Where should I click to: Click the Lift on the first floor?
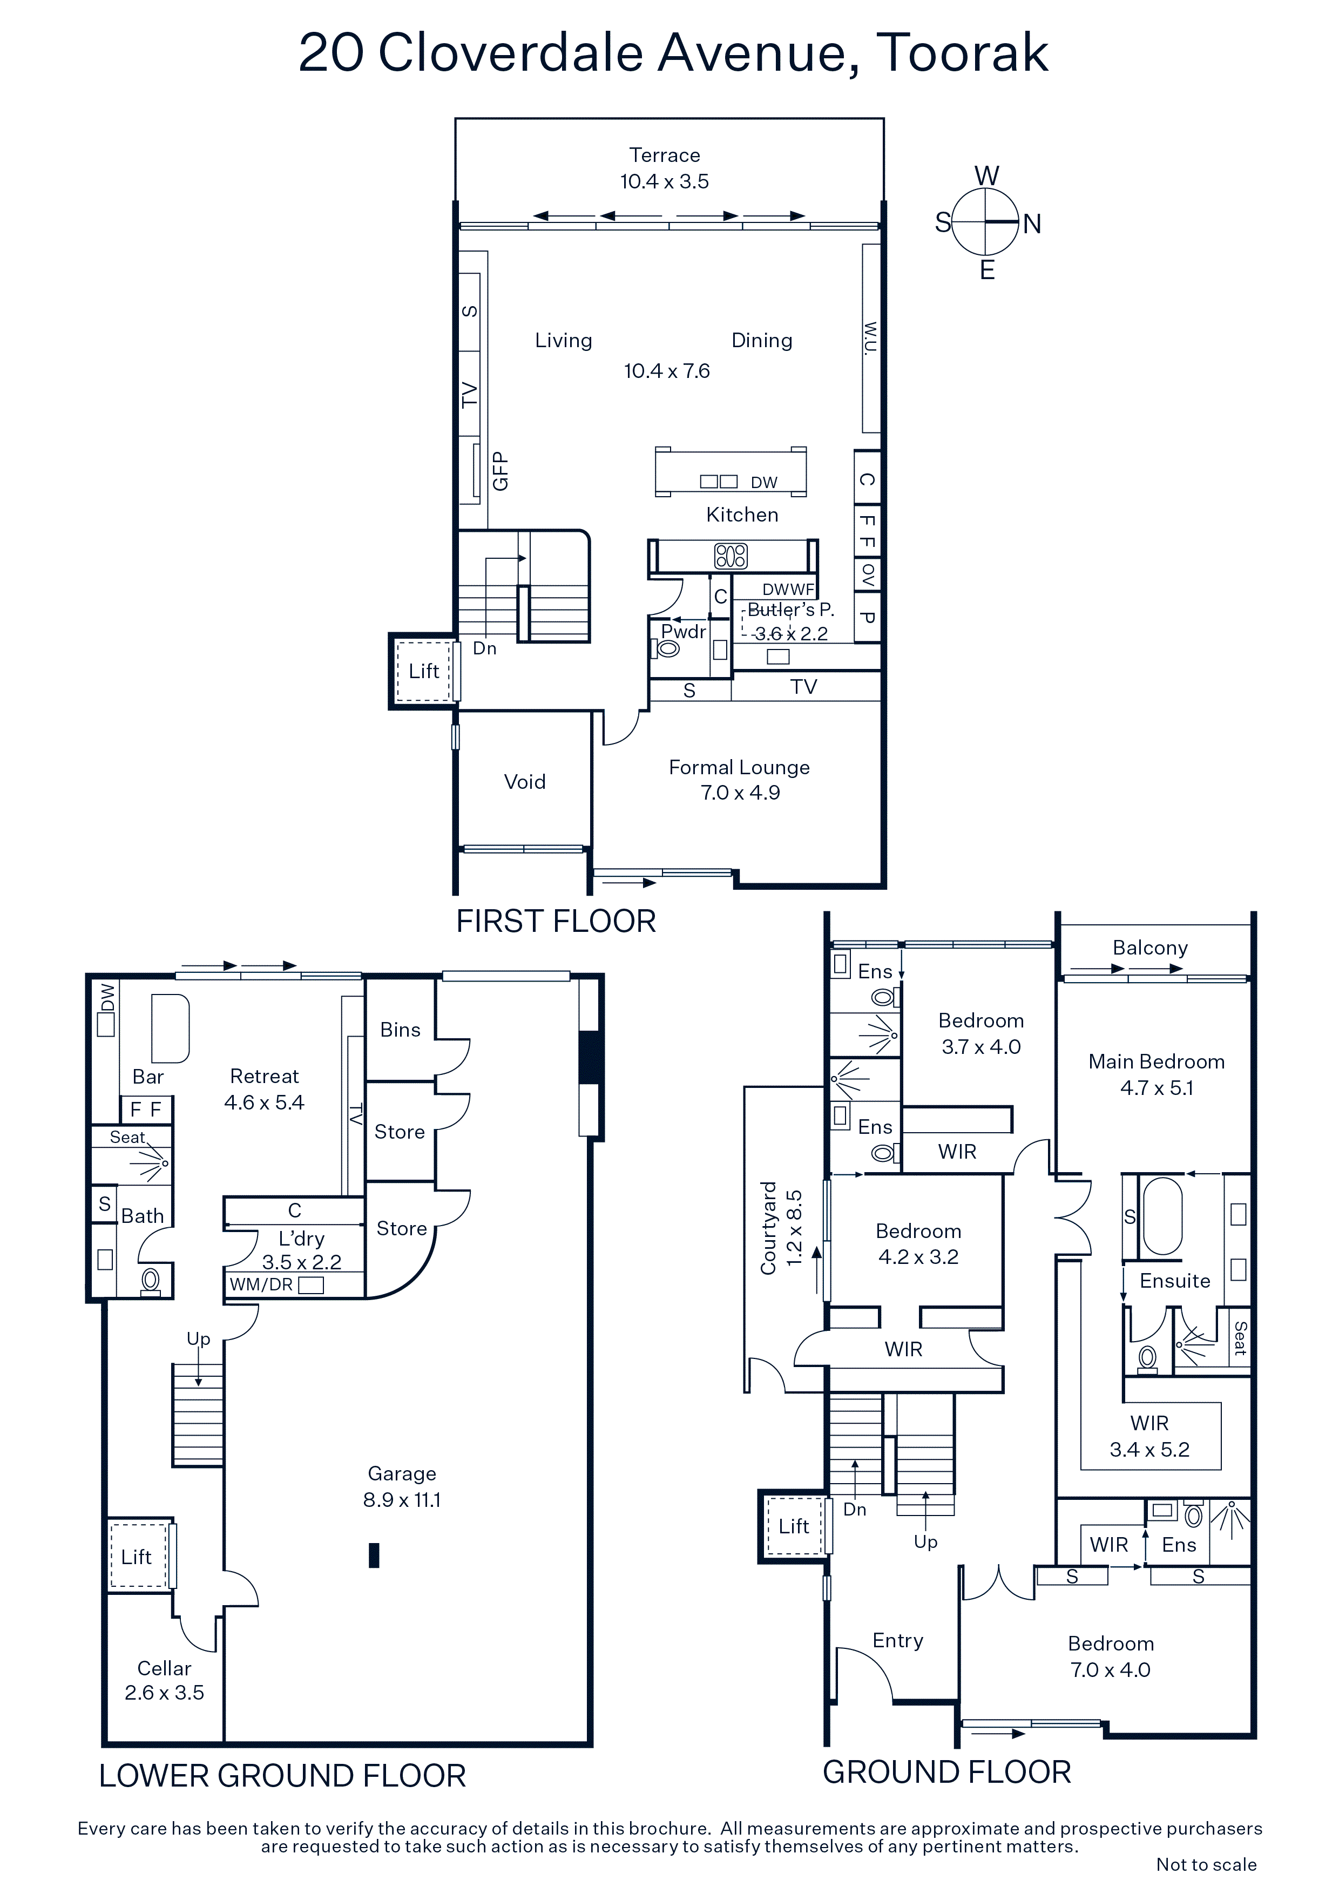[x=423, y=671]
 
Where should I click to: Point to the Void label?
[x=525, y=781]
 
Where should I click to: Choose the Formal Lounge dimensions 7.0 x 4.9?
[x=740, y=793]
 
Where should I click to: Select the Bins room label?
[x=400, y=1030]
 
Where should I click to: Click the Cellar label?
[x=164, y=1668]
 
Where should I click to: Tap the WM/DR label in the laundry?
[x=261, y=1284]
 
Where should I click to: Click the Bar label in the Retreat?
[x=148, y=1077]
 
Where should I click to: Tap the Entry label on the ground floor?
[x=898, y=1641]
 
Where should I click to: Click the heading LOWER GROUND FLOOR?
[x=282, y=1776]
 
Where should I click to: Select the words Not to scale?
[x=1206, y=1864]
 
